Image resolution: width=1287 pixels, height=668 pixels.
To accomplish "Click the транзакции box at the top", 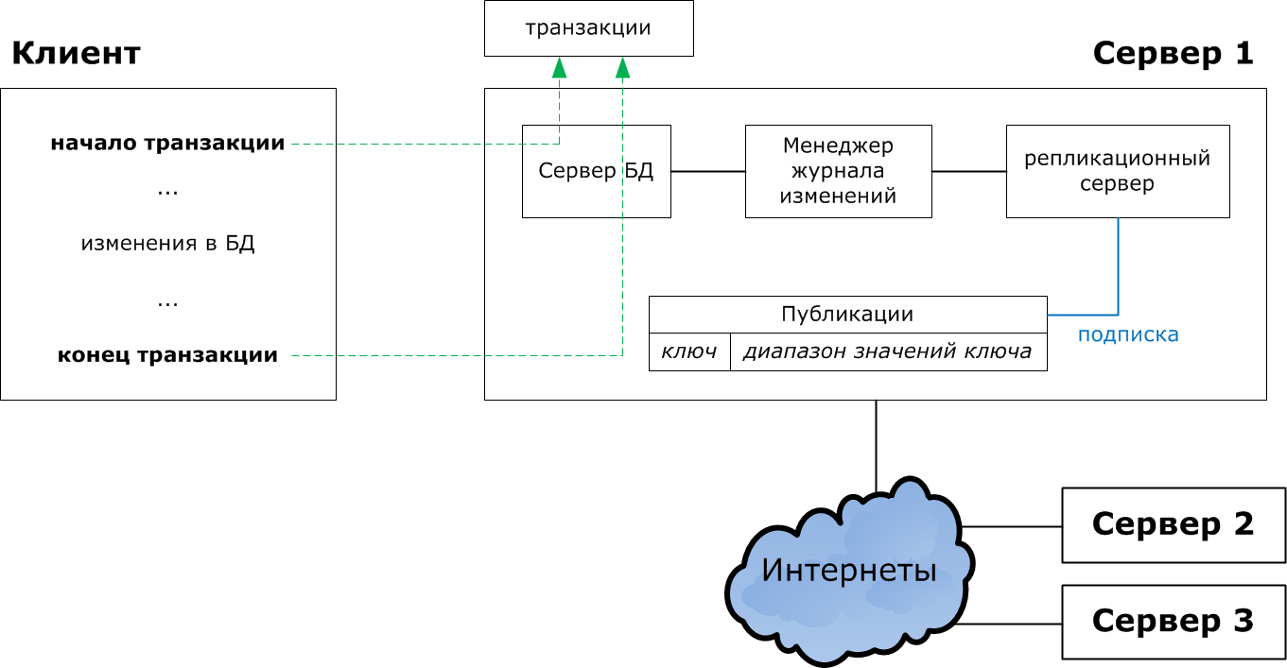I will click(588, 28).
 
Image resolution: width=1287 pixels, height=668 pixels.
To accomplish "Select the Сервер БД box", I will click(596, 171).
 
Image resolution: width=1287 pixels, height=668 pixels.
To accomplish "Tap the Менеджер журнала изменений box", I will click(838, 171).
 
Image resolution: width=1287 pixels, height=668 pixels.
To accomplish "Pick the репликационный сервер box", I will click(1117, 171).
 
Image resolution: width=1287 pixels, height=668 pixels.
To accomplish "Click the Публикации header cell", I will click(847, 315).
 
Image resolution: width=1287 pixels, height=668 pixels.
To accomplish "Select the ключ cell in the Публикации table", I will click(689, 352).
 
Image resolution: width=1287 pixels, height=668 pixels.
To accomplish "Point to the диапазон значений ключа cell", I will click(887, 352).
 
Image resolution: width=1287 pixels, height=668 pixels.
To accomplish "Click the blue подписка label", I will click(1128, 334).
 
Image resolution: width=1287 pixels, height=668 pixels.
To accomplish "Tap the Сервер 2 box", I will click(1173, 525).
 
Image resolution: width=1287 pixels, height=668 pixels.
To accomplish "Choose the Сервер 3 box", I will click(1173, 622).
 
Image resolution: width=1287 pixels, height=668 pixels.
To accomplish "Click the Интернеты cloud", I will click(848, 572).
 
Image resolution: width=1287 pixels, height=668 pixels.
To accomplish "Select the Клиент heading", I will click(76, 54).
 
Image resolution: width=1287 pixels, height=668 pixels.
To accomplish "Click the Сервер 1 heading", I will click(1173, 54).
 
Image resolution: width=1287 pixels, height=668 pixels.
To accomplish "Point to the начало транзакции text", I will click(167, 144).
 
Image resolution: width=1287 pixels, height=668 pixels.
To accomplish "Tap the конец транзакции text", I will click(167, 355).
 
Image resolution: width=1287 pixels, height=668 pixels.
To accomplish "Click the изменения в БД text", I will click(167, 244).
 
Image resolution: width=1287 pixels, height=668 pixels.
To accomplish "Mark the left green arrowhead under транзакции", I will click(559, 67).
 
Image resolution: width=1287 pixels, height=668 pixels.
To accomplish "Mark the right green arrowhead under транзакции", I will click(622, 67).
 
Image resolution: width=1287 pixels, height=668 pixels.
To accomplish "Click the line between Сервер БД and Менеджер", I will click(707, 171).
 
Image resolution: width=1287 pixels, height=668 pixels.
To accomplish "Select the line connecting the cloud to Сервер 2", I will click(1012, 526).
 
